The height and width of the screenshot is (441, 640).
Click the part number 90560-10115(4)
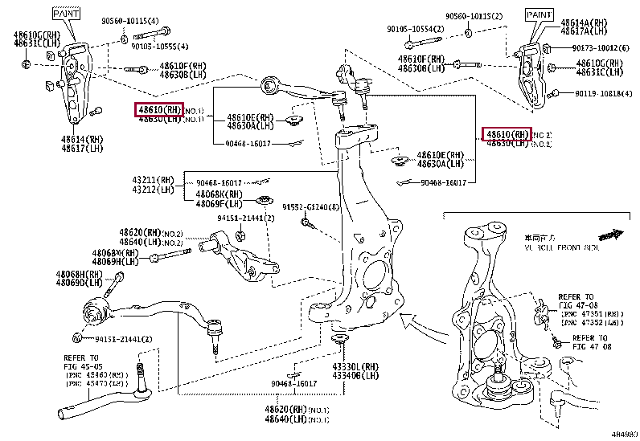coord(130,21)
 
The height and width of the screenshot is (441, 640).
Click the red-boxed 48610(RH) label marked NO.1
coord(159,109)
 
